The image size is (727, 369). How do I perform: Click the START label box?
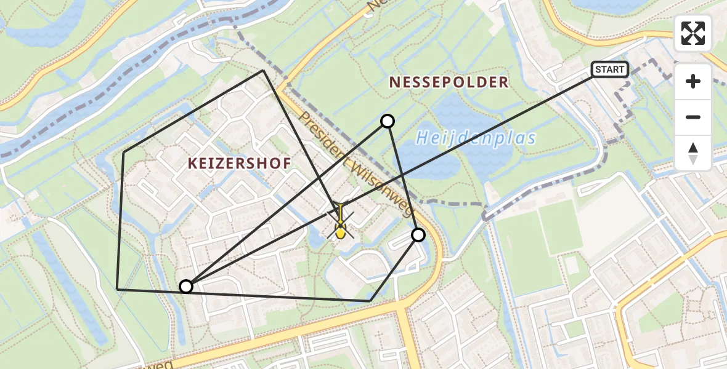610,69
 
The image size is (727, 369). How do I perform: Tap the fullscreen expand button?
693,33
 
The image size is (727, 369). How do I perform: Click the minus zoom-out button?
693,117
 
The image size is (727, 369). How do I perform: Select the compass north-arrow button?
693,153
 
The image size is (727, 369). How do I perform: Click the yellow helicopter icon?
340,222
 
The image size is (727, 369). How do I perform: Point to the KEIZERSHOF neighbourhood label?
240,163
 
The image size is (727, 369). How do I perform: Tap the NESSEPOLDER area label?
449,82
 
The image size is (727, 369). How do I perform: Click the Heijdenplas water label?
476,138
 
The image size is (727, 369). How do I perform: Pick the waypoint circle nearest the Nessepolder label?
388,121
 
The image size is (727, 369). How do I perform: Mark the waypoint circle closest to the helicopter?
418,234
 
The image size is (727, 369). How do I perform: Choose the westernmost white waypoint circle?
186,286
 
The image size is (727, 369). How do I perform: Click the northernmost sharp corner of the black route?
264,71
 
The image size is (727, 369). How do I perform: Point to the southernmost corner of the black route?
370,301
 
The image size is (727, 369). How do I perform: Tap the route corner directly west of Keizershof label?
124,152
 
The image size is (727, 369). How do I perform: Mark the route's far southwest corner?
118,289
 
